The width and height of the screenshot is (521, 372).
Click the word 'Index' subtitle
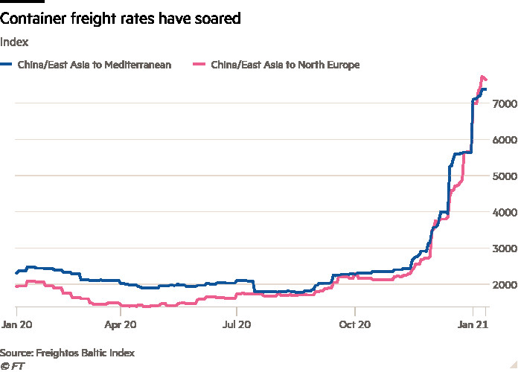point(14,42)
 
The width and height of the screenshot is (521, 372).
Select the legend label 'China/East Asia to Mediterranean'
point(94,65)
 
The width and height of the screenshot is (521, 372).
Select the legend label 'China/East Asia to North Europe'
point(285,65)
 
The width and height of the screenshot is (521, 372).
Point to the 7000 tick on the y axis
point(504,104)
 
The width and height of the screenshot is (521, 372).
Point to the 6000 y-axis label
point(504,140)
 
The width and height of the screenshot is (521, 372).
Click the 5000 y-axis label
point(504,176)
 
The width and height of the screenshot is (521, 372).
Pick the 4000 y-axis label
point(504,213)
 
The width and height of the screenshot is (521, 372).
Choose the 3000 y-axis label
point(504,248)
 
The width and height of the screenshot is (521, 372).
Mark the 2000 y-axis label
point(504,285)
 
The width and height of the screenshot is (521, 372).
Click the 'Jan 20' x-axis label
point(16,325)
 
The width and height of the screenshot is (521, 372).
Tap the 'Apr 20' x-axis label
point(121,325)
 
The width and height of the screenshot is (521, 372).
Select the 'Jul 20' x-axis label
point(236,325)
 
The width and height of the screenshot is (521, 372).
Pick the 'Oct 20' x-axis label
point(355,325)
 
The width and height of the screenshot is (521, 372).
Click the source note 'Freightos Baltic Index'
point(68,352)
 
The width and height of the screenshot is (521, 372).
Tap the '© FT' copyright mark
point(12,365)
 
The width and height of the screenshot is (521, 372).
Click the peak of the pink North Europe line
point(482,77)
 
